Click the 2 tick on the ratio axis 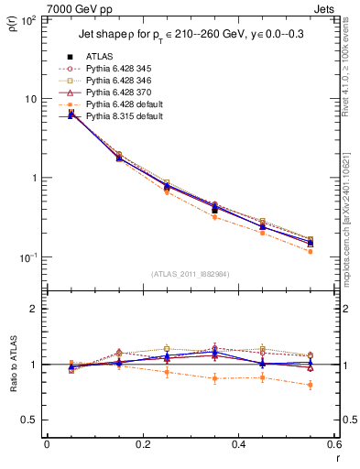click(33, 309)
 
